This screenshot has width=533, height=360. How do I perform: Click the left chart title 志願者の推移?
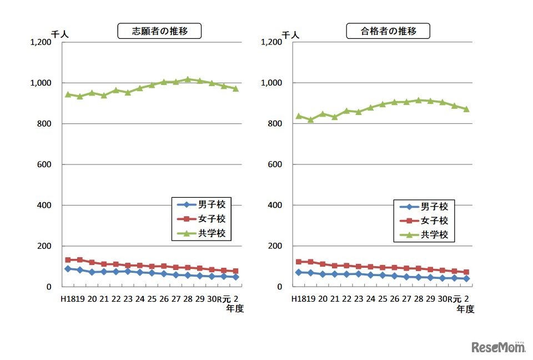tap(159, 31)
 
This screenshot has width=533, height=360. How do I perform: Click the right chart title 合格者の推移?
tap(388, 31)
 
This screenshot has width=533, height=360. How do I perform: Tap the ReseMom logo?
tap(499, 347)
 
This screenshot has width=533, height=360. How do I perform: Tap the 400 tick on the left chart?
tap(49, 206)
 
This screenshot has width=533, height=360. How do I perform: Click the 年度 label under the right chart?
tap(466, 309)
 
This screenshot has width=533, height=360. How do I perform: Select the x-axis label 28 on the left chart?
tap(188, 299)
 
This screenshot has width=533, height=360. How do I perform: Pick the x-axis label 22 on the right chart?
tap(346, 299)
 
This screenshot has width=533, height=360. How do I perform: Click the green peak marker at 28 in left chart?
tap(188, 79)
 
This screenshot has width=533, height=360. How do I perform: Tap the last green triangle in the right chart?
tap(466, 109)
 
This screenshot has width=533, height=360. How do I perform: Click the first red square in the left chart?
tap(68, 259)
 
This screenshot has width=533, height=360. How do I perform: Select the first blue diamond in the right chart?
tap(298, 272)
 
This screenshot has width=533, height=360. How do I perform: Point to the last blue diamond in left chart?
tap(235, 277)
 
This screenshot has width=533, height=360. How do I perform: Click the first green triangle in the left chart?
tap(68, 94)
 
